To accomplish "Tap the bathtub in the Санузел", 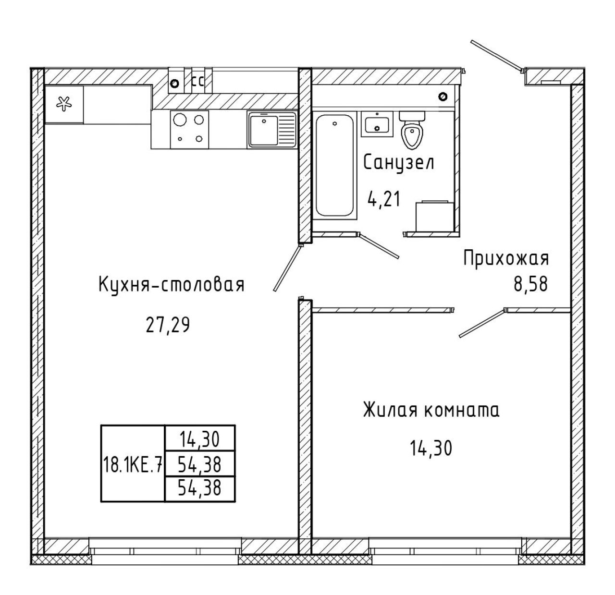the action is coord(335,166).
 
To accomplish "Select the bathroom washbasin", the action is coord(377,124).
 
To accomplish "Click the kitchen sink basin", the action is coord(272,130).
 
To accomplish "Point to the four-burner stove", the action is coord(189,130).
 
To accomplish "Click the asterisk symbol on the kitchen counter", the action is coord(64,104).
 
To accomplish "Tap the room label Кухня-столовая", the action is coord(172,284).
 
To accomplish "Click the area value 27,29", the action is coord(168,325).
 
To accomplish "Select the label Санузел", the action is coord(398,163).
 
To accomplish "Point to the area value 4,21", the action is coord(384,199).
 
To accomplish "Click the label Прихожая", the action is coord(506,259).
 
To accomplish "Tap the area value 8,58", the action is coord(530,285).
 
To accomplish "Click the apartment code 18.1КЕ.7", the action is coord(133,465).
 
